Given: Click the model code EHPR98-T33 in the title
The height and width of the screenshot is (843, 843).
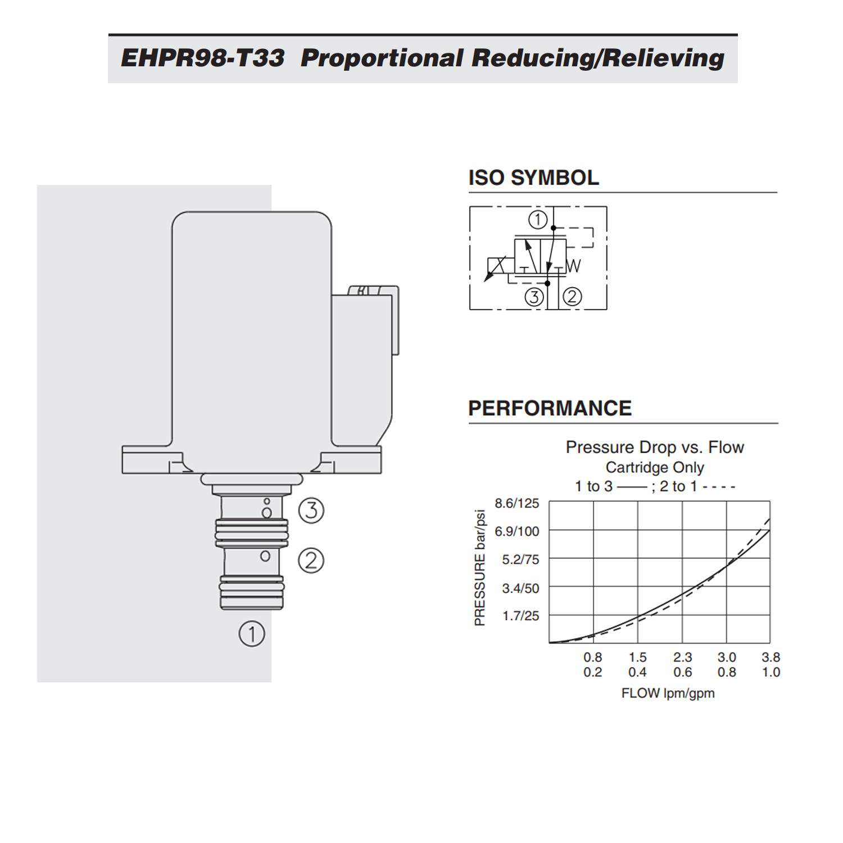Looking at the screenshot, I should coord(202,58).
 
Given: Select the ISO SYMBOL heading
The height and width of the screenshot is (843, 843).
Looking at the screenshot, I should coord(533,178).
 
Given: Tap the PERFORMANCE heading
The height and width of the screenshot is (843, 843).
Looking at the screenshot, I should coord(550,408).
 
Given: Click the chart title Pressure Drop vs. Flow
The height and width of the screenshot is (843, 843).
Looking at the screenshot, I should coord(655,447).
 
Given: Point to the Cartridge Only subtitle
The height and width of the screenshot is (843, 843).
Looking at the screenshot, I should coord(655,468).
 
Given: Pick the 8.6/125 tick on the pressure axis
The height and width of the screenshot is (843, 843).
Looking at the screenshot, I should coord(516,503).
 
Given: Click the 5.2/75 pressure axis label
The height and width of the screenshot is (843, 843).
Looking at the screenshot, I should coord(520,560).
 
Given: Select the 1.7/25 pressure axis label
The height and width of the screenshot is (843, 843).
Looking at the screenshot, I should coord(520,616).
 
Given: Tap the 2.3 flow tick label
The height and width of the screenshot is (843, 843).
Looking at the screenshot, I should coord(682,657).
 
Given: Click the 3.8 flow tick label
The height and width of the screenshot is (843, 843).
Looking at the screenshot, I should coord(771,657).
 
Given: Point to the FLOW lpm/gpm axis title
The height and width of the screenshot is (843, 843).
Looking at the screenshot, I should coord(668,694).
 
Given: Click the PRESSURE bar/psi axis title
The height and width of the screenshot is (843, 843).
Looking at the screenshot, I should coord(479,568).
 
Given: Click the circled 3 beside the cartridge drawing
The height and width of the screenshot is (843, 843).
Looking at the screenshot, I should coord(311,510).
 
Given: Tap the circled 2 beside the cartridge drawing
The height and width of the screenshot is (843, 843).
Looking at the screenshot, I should coord(311,560).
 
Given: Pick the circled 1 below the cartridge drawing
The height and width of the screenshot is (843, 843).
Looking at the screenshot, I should coord(251,634).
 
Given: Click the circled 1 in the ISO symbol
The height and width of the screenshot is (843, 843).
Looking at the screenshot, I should coord(537,219).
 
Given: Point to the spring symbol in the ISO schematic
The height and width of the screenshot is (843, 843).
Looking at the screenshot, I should coord(573,266).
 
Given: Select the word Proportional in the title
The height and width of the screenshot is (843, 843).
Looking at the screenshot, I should coord(382,58).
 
